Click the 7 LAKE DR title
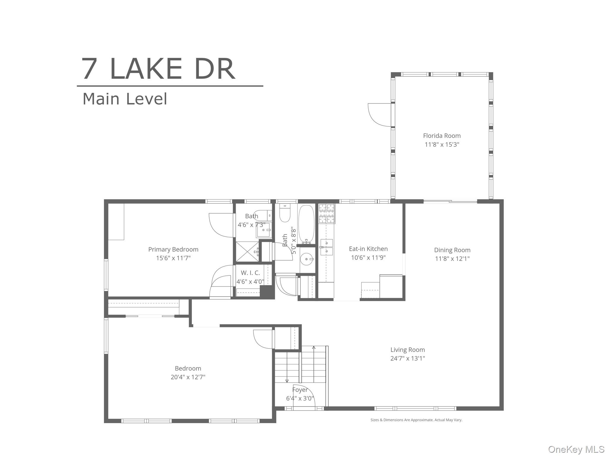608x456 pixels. coord(159,69)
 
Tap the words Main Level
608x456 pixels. coord(125,99)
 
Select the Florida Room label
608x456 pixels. coord(442,136)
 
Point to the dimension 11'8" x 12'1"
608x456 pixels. coord(452,259)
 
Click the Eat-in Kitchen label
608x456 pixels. coord(368,249)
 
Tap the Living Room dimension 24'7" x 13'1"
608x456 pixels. coord(407,358)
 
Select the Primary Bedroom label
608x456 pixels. coord(173,249)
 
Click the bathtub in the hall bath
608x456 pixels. coord(306,224)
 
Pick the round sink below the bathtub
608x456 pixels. coord(307,259)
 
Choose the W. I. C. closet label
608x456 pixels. coord(250,273)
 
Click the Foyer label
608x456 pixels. coord(300,390)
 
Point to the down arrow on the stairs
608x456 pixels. coord(287,380)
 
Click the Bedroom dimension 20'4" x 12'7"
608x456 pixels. coord(188,377)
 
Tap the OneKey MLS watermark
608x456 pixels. coord(576,449)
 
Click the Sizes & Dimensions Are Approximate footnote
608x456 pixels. coord(416,420)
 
